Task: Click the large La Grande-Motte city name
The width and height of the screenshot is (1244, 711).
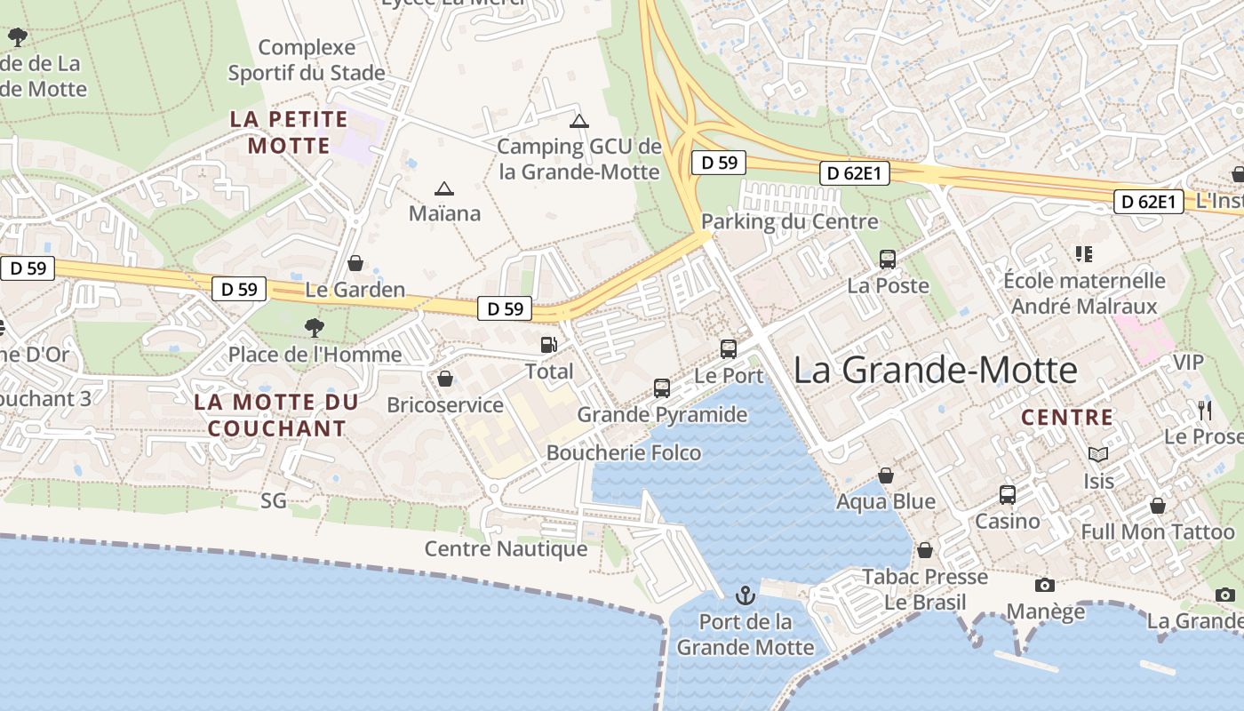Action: coord(935,370)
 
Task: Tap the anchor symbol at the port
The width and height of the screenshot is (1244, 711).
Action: coord(746,595)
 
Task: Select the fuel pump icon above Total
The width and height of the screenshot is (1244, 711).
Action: coord(549,345)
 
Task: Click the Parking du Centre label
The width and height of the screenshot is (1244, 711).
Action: coord(789,221)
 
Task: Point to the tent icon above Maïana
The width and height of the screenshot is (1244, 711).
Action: coord(443,188)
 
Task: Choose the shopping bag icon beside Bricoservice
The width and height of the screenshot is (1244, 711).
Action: coord(445,379)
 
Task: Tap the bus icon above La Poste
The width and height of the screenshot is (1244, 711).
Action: coord(888,260)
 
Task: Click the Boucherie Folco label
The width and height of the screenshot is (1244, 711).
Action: coord(623,453)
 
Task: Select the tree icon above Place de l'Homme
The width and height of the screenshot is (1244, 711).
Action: coord(314,328)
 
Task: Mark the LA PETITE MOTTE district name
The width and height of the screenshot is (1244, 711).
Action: coord(289,132)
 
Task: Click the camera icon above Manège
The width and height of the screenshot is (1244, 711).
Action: coord(1045,585)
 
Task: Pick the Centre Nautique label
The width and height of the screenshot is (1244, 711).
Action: coord(506,548)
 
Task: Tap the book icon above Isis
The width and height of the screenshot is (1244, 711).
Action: coord(1098,454)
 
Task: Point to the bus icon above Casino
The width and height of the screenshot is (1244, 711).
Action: coord(1008,495)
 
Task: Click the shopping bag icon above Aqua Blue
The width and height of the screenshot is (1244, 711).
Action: coord(886,475)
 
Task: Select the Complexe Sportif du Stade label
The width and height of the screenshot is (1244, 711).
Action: coord(307,60)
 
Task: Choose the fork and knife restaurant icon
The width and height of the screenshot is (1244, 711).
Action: coord(1205,410)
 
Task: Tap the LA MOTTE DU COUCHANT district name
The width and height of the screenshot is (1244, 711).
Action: coord(276,415)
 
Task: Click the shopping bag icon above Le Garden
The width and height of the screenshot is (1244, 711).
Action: coord(355,263)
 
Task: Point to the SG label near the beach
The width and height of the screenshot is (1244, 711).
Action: coord(274,501)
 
